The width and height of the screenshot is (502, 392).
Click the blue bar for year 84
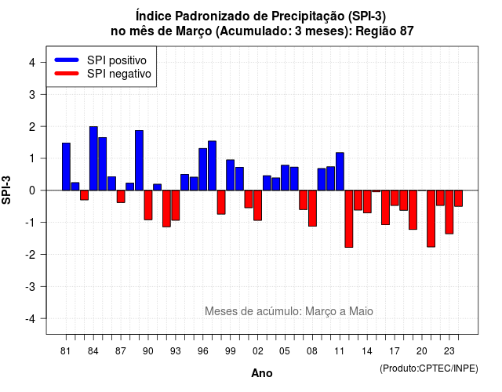pos(93,158)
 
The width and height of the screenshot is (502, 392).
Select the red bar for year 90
pos(148,205)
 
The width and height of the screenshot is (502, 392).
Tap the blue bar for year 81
pos(66,167)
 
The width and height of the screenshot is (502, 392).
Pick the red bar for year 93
pos(176,205)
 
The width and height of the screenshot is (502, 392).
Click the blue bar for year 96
pos(203,169)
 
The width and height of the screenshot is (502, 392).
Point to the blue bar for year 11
pos(340,172)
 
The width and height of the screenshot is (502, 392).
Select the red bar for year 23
pos(449,212)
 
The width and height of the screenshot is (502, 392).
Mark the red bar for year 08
pos(312,209)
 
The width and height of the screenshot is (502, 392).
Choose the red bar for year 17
pos(395,198)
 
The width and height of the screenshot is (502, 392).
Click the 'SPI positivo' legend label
pos(117,60)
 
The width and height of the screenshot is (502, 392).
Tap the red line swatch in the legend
pos(67,73)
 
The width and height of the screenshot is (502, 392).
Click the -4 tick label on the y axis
pos(31,319)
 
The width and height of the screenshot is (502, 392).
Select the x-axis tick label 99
pos(231,351)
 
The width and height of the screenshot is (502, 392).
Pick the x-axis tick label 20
pos(422,351)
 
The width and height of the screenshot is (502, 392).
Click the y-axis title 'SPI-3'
pos(6,190)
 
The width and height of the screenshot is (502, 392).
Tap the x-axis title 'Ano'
pos(262,373)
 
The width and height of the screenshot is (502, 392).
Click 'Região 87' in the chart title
pos(384,31)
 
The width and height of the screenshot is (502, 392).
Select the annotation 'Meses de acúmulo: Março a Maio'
pos(289,311)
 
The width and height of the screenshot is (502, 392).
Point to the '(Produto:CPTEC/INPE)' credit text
pos(429,368)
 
